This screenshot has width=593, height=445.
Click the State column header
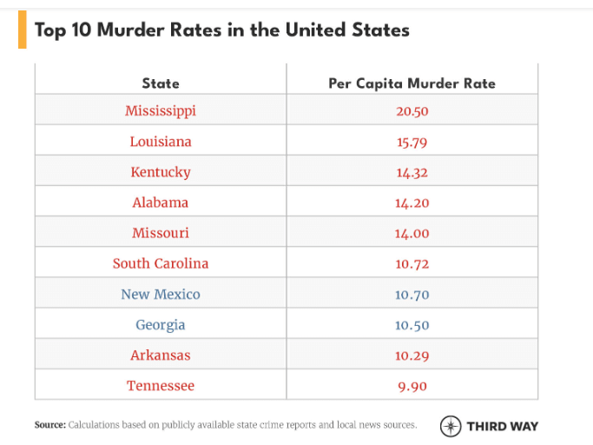click(161, 83)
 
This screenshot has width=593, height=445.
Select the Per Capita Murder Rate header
click(412, 83)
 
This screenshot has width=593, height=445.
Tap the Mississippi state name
click(161, 110)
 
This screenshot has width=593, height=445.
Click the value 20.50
click(412, 111)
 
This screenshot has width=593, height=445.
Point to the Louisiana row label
click(161, 141)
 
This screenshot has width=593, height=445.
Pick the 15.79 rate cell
click(412, 142)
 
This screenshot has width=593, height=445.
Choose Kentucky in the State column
click(161, 172)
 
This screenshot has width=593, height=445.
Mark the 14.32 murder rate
click(412, 172)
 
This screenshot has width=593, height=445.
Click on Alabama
click(161, 203)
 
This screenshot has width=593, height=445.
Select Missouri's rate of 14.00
click(412, 234)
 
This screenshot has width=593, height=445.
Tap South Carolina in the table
click(161, 263)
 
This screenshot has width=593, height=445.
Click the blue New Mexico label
click(161, 294)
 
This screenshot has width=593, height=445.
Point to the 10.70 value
click(412, 295)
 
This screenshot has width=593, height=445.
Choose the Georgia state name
click(161, 325)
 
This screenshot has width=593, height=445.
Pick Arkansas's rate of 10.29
click(412, 355)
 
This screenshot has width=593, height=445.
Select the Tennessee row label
click(161, 386)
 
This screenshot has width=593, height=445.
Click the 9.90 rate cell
click(412, 386)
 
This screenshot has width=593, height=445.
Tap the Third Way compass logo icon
click(451, 426)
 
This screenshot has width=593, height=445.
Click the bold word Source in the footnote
click(49, 425)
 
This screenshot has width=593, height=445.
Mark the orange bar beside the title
click(22, 30)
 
